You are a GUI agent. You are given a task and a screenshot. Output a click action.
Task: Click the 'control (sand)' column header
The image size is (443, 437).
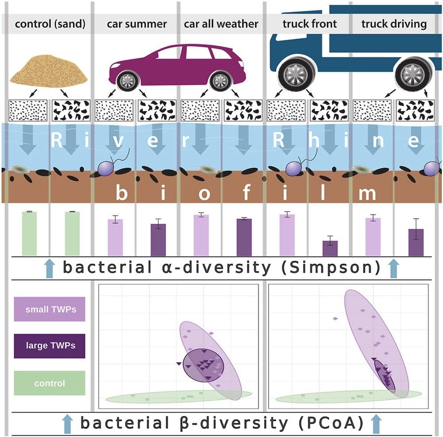click(50, 23)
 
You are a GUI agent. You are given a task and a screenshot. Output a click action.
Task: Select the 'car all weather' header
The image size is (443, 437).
click(221, 23)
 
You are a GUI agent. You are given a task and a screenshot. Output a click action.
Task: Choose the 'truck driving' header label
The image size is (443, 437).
click(394, 23)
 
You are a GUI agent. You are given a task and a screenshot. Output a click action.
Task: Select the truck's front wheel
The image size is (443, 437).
click(293, 72)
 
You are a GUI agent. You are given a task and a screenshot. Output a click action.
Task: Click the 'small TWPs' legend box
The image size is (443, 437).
click(50, 309)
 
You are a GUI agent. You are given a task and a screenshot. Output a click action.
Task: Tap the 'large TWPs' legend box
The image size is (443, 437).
click(50, 346)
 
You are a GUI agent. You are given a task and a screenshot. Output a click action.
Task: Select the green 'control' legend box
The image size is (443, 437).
click(50, 383)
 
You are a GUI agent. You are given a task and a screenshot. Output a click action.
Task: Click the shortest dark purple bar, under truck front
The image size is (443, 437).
click(330, 248)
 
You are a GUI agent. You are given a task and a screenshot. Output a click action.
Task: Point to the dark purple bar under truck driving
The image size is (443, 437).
click(416, 242)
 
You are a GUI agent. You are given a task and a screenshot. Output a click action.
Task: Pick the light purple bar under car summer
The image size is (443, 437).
click(115, 237)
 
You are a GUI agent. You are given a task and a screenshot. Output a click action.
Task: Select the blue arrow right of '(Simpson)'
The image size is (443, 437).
click(393, 269)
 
